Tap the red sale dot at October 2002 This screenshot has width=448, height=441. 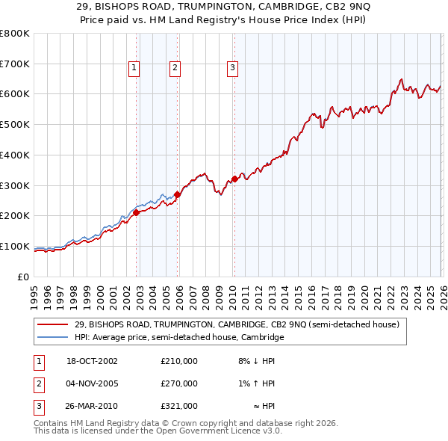137,212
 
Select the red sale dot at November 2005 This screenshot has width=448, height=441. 177,194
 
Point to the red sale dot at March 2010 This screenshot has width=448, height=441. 234,179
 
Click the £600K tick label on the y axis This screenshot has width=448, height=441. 14,94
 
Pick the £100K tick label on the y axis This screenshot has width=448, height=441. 14,246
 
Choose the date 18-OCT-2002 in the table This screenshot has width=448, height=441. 93,361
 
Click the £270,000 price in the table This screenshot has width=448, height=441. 179,383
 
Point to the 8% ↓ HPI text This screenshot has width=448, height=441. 255,361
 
